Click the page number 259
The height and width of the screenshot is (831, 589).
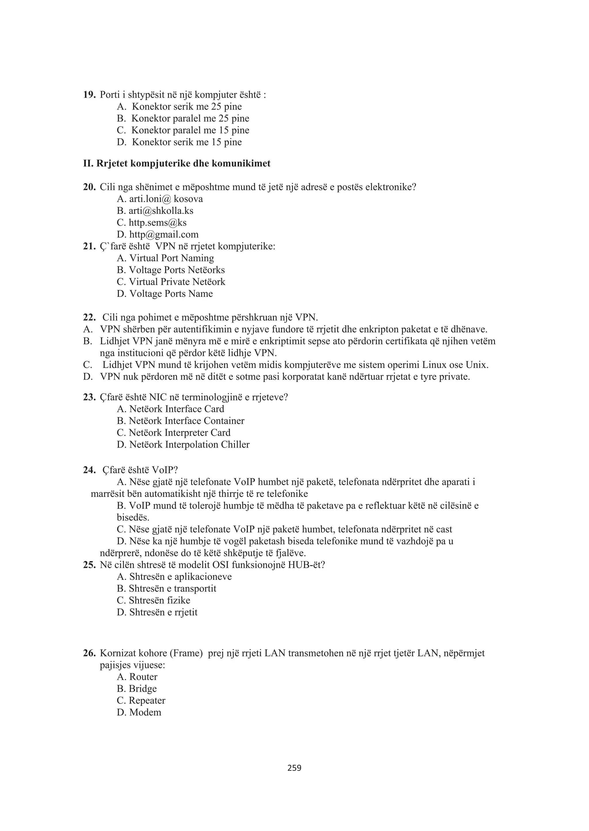click(294, 768)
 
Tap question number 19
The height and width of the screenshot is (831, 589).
click(89, 95)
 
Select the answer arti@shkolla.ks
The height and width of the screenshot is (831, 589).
click(161, 211)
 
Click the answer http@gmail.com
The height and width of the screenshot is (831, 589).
click(164, 234)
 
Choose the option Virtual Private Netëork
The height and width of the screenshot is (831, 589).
click(177, 282)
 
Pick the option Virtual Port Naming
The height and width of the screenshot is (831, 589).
click(171, 258)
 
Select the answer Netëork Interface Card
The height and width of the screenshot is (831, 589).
click(177, 409)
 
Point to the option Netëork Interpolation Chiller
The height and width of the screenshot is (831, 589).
click(189, 445)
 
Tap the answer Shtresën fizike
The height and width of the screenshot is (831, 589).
click(159, 600)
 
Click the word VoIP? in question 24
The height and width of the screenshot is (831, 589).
click(165, 471)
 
